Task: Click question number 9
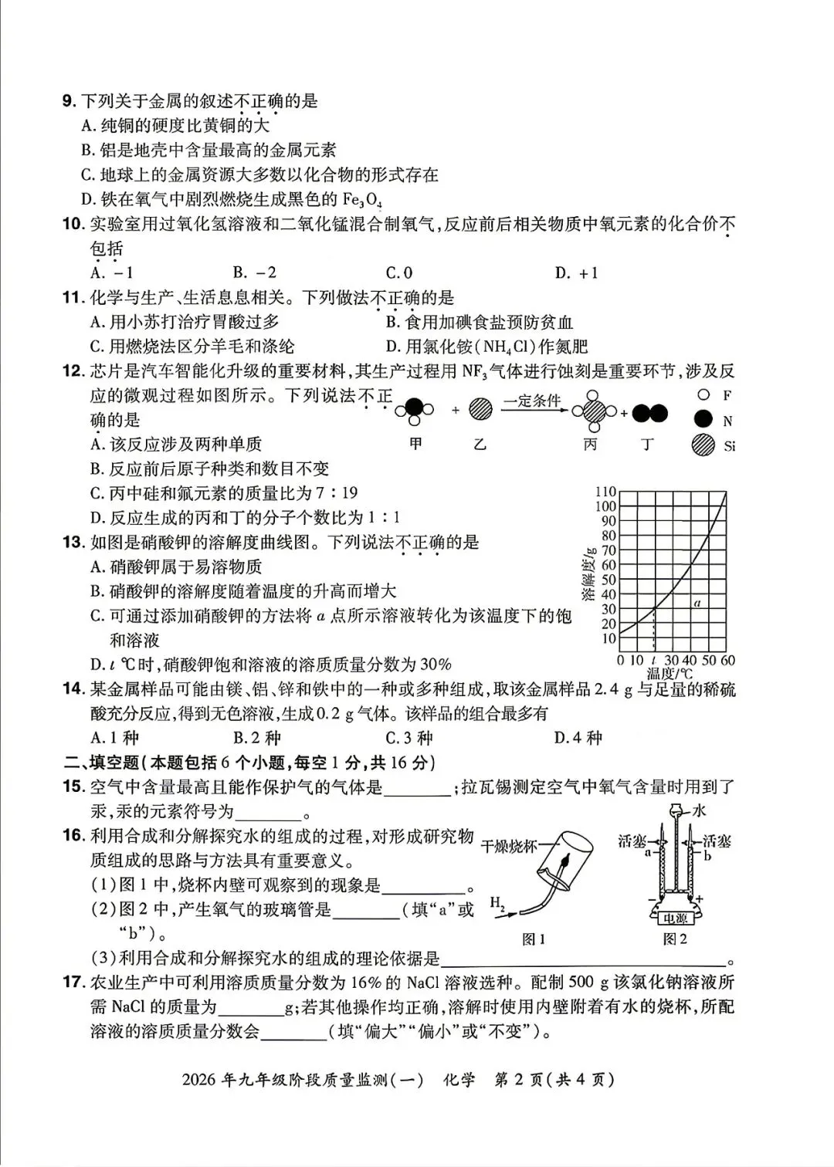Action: pos(69,101)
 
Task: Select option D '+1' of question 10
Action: pos(576,272)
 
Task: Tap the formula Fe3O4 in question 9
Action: pos(362,200)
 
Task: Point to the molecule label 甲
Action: pos(415,445)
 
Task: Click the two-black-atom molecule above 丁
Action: pos(649,414)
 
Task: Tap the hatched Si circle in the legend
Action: pos(703,445)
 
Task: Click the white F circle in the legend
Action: pos(703,395)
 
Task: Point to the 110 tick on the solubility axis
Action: pos(606,492)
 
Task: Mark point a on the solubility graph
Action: pos(697,603)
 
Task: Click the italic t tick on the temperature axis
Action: pos(654,661)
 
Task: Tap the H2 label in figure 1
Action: pos(498,904)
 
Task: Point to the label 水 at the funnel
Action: pos(700,810)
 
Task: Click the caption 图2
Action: pos(675,939)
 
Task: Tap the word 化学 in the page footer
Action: pos(459,1080)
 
